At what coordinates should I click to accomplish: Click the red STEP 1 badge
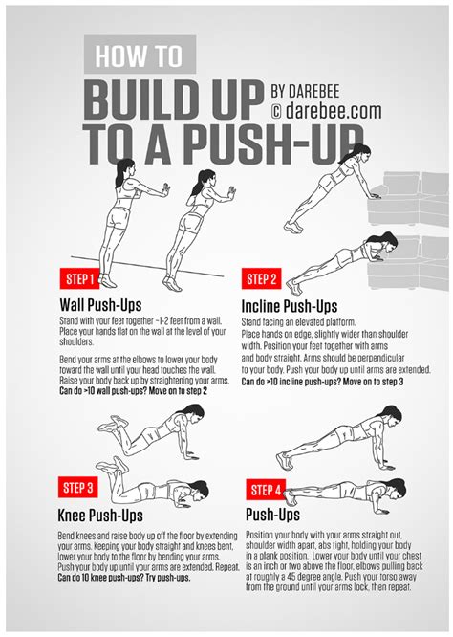coord(78,279)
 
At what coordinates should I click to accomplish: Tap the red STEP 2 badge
coord(261,279)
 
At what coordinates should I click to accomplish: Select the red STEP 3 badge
coord(79,487)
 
